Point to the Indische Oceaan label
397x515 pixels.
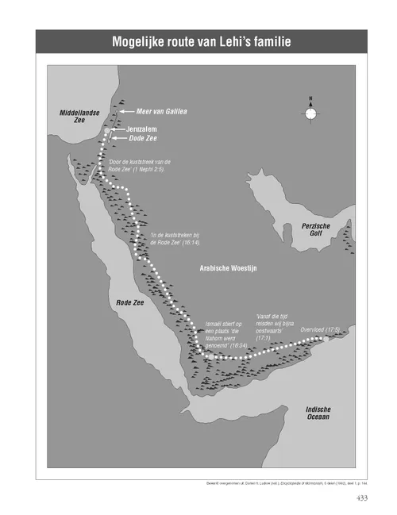click(319, 413)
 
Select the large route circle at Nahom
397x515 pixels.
click(203, 355)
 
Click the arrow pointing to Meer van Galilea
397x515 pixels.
click(125, 113)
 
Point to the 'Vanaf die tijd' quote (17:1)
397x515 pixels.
click(274, 325)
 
